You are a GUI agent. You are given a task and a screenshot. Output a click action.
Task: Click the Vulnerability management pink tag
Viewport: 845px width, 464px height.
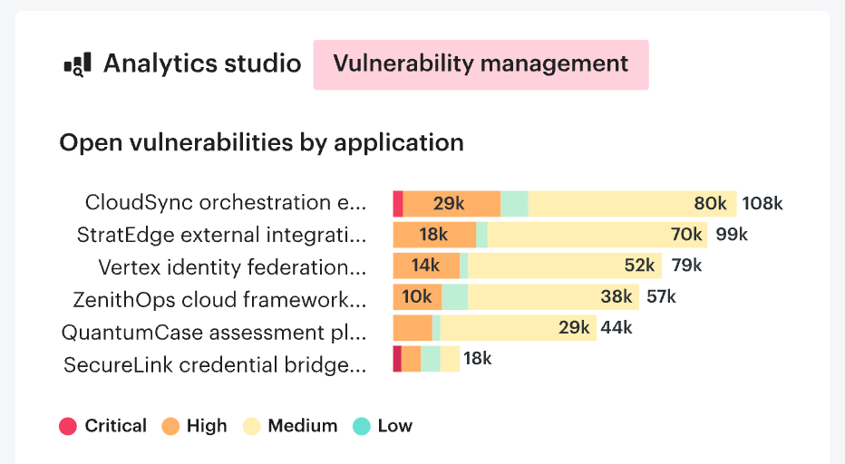click(481, 64)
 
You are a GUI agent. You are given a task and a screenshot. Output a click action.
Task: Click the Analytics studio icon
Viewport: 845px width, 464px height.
click(77, 65)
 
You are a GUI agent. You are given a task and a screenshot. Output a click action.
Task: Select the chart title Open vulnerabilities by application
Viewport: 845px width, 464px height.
click(261, 142)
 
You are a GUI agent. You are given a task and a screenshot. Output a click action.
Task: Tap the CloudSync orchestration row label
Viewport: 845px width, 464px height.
click(226, 203)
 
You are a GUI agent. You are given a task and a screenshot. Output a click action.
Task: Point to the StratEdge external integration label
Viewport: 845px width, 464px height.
click(222, 236)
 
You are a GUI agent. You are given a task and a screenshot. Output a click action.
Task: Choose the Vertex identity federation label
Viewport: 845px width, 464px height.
click(232, 267)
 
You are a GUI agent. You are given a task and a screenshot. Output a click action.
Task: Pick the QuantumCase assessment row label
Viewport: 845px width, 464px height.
click(214, 333)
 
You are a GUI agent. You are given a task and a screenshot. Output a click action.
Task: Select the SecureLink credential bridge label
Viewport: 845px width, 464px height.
click(215, 365)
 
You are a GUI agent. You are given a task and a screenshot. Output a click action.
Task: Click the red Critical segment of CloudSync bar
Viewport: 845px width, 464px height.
click(398, 204)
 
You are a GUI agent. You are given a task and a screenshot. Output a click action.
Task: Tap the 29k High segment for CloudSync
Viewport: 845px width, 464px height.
click(452, 204)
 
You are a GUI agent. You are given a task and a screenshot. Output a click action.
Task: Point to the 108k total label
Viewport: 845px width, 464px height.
click(762, 204)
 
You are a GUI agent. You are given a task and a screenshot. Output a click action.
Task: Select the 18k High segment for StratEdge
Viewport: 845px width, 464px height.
click(434, 236)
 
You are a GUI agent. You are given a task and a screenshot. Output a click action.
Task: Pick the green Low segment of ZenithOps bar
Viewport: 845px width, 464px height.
click(455, 297)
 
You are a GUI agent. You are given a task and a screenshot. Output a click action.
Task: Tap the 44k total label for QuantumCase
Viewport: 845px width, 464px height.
click(617, 328)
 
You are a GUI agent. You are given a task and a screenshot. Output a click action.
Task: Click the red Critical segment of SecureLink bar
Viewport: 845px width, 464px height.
click(397, 359)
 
